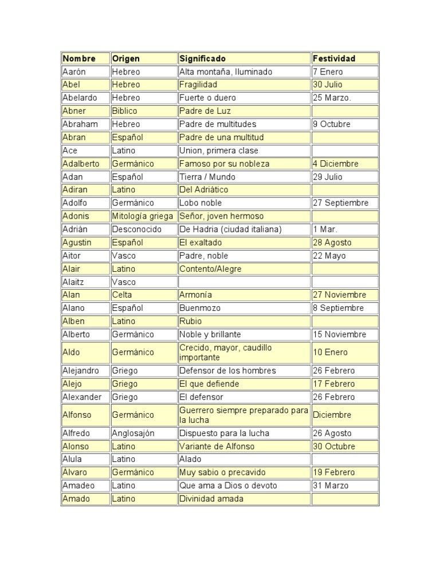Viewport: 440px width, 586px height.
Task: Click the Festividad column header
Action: [334, 58]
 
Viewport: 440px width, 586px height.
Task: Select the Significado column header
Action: [203, 58]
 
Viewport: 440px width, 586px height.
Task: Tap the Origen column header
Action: [126, 58]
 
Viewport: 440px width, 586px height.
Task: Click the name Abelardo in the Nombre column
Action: [80, 98]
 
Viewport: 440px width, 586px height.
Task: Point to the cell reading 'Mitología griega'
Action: [142, 216]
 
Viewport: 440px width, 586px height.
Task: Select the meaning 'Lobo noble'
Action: [201, 203]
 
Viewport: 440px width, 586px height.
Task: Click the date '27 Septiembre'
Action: [341, 203]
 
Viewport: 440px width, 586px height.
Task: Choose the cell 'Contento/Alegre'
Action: [210, 268]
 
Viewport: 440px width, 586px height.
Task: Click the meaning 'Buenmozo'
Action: [200, 308]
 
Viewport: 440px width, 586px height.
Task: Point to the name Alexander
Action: [82, 397]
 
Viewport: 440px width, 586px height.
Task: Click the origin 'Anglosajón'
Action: [133, 433]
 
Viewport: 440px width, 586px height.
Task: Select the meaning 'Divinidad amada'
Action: [211, 498]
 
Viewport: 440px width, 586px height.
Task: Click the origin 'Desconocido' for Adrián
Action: [137, 229]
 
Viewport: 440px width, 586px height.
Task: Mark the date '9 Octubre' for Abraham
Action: [332, 124]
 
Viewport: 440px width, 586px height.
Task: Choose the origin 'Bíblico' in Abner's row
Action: [124, 111]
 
